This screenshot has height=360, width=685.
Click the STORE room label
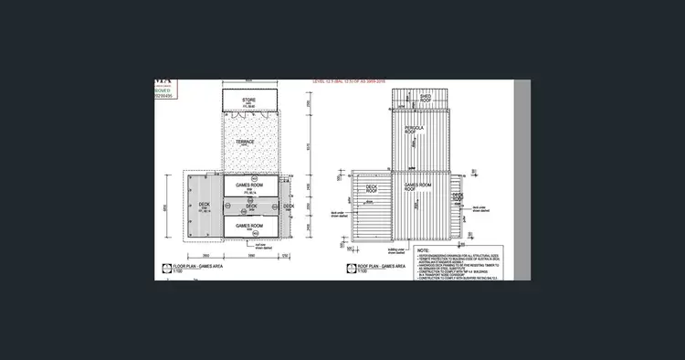(x=248, y=99)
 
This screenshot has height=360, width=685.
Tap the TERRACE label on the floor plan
(x=245, y=143)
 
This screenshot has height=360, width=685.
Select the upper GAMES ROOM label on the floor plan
(x=249, y=185)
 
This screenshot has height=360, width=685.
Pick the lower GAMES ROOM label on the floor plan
(x=249, y=225)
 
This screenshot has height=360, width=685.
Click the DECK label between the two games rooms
(x=249, y=206)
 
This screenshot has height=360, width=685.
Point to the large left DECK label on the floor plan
(x=204, y=206)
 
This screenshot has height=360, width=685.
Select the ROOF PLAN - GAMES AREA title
(x=374, y=266)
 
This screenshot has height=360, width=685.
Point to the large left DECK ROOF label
(x=372, y=190)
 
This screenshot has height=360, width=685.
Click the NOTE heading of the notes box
(x=425, y=249)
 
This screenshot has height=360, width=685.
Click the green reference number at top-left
(x=165, y=96)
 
